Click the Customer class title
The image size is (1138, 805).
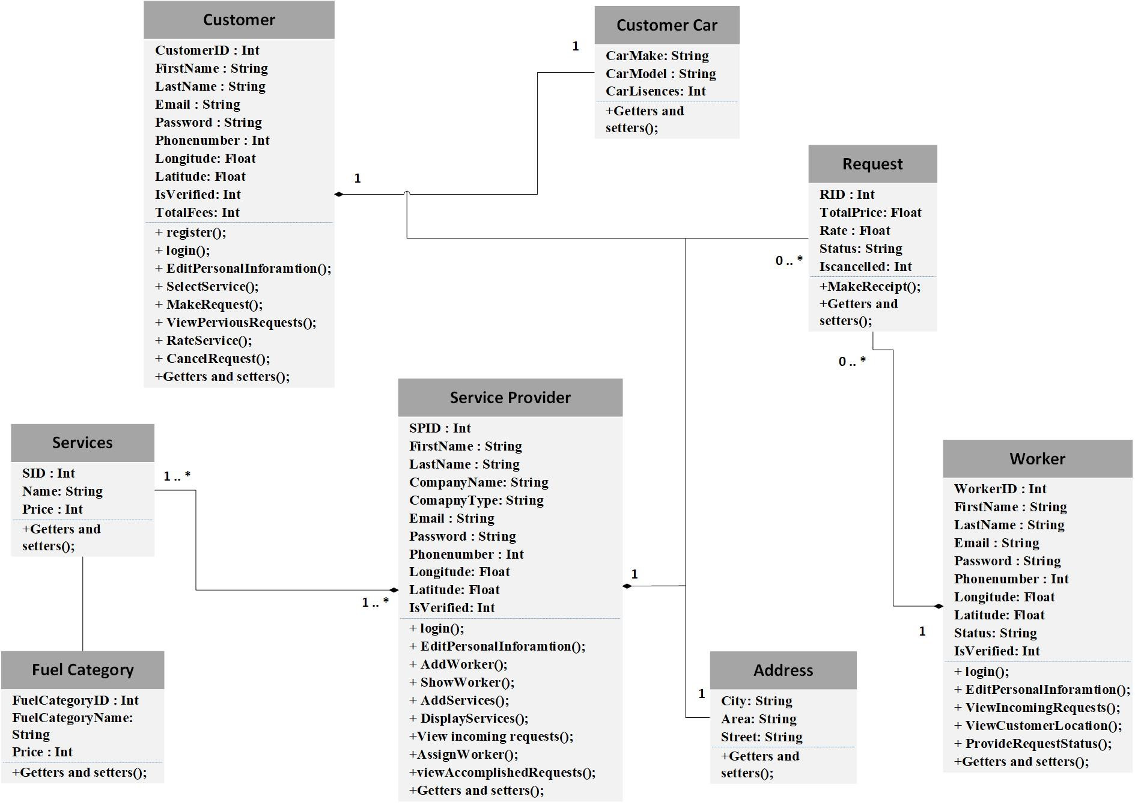coord(239,20)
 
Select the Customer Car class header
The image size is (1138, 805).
coord(666,25)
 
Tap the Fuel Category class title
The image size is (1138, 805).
coord(82,670)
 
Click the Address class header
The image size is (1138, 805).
coord(783,670)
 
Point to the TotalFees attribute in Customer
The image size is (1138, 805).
coord(197,213)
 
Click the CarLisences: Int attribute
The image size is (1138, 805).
coord(656,91)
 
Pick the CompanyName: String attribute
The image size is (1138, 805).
coord(478,482)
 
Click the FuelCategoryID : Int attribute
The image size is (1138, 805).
coord(75,700)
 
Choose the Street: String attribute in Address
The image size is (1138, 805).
coord(761,737)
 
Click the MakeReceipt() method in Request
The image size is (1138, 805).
coord(869,287)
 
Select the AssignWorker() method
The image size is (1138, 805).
coord(463,755)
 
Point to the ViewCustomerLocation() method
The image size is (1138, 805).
coord(1038,726)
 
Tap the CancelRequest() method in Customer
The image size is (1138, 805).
coord(213,359)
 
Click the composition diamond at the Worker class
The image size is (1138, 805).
coord(938,606)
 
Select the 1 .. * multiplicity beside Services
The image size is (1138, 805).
coord(177,476)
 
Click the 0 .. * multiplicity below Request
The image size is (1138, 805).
coord(852,362)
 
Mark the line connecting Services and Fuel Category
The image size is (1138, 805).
coord(82,604)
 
